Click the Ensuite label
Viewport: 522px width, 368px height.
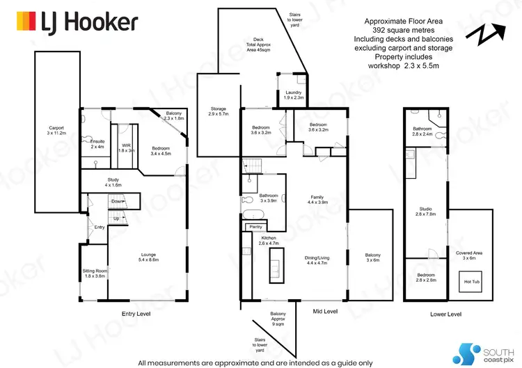(x=98, y=143)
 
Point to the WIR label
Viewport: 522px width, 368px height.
(x=126, y=147)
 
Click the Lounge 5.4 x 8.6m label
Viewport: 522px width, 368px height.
(x=150, y=257)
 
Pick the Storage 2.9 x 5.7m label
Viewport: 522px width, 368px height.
(x=219, y=112)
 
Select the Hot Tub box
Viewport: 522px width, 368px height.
(x=471, y=282)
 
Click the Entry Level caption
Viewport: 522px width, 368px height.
(x=136, y=314)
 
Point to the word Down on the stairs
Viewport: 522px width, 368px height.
(x=118, y=201)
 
